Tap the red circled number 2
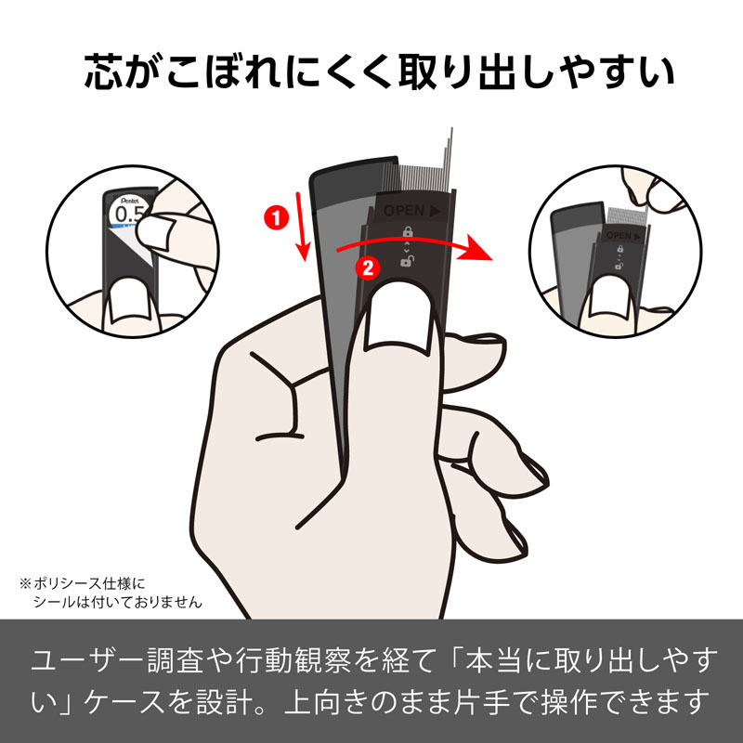(368, 269)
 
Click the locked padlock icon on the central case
(407, 232)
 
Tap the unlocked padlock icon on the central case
(407, 263)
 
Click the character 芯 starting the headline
(105, 73)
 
